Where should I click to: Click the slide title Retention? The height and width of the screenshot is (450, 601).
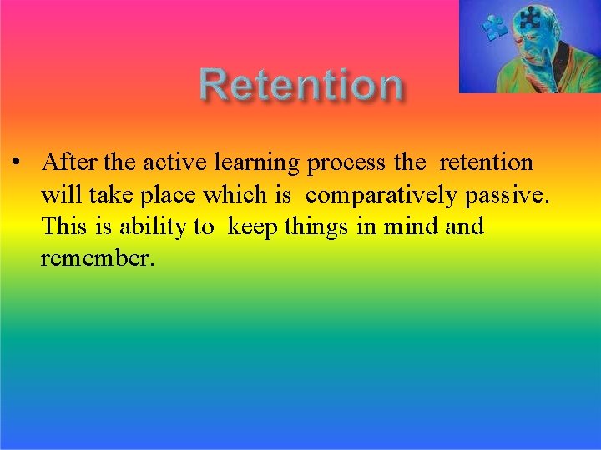point(300,85)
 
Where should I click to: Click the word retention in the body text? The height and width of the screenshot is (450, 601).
point(486,162)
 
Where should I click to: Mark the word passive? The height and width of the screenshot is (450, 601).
point(507,196)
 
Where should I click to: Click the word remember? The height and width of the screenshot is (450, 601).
point(98,258)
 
